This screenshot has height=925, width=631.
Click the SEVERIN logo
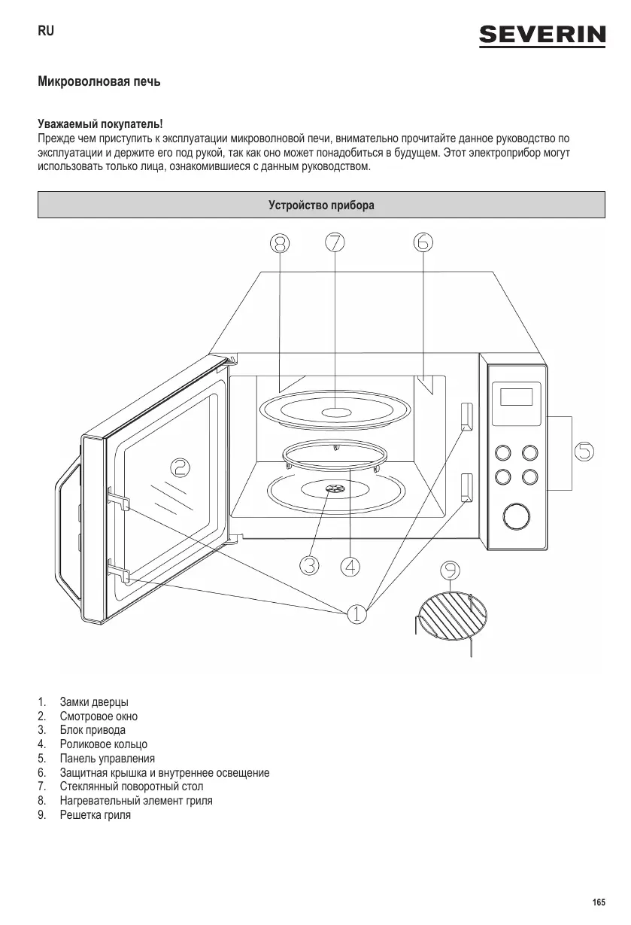[x=543, y=35]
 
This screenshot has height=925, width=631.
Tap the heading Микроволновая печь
[x=99, y=81]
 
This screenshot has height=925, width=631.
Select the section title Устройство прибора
[x=321, y=205]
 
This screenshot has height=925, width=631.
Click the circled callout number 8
[x=280, y=242]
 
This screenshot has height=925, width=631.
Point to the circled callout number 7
[x=335, y=242]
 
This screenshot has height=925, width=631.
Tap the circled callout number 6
[x=423, y=242]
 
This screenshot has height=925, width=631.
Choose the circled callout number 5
[x=584, y=452]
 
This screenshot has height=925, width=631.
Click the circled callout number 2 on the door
[x=180, y=468]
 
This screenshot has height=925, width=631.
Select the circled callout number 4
[x=349, y=565]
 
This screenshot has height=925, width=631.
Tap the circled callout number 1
[x=356, y=613]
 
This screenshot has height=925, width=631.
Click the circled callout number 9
[x=450, y=572]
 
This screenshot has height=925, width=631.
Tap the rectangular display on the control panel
[x=516, y=396]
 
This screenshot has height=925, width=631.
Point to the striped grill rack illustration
[x=449, y=613]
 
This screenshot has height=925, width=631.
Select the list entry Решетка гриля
[x=95, y=815]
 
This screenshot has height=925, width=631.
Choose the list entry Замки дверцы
[x=93, y=702]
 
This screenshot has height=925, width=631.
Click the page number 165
[x=599, y=902]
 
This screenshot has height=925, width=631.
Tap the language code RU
[x=45, y=32]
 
